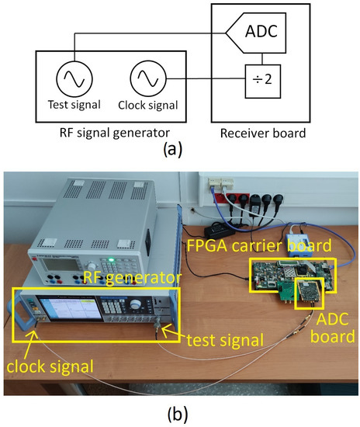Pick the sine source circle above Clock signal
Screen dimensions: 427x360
pyautogui.click(x=146, y=78)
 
